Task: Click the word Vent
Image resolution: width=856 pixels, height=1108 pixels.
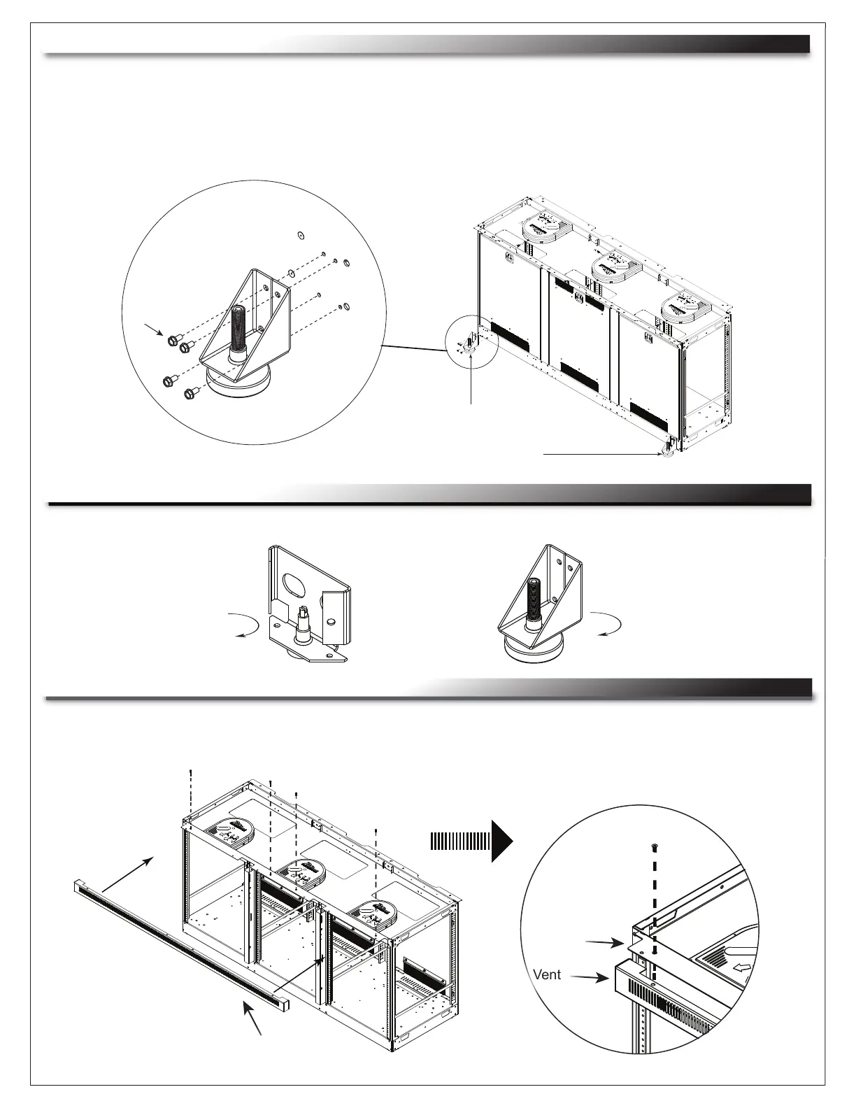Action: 547,974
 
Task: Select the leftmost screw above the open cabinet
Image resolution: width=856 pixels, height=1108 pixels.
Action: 191,772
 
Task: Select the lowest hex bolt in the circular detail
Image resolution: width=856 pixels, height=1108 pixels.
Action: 189,395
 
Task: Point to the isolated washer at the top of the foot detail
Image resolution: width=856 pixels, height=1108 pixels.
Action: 299,234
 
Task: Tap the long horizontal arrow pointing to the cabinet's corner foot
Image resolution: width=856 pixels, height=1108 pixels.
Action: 601,454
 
